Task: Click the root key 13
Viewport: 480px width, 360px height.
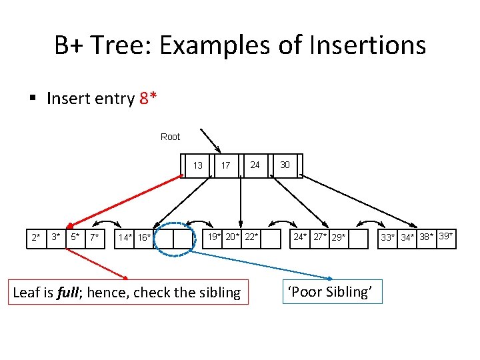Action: (198, 165)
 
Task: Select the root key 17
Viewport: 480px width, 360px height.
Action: (226, 165)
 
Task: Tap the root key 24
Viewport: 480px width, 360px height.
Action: (255, 165)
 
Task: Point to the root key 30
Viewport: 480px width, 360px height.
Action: (285, 165)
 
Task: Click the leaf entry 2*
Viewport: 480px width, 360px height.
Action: (36, 237)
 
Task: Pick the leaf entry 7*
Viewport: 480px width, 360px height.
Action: (95, 237)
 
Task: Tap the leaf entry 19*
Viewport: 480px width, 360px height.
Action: (214, 237)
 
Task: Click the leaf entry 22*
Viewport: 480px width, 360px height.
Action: (251, 237)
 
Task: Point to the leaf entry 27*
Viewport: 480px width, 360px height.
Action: (321, 237)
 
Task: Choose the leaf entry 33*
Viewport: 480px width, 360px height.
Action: (388, 237)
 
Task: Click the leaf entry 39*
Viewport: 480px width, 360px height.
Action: (447, 236)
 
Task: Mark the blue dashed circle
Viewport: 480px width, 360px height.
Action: (174, 238)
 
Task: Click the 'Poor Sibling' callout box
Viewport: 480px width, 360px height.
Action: (333, 292)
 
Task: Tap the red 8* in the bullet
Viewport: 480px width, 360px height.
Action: (149, 99)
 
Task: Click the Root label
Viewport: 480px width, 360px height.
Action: (170, 137)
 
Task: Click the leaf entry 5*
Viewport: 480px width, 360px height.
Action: (76, 237)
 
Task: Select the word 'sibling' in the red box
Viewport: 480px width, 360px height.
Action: (217, 292)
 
